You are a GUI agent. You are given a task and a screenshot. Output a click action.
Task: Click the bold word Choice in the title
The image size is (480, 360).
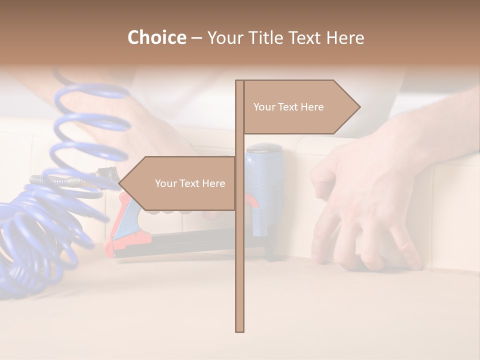(x=156, y=37)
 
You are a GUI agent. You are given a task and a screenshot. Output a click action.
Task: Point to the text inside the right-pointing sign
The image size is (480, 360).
(x=288, y=107)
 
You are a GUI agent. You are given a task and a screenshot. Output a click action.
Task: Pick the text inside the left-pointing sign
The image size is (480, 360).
(x=190, y=183)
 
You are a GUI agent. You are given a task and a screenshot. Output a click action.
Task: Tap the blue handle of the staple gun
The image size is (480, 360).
(x=263, y=185)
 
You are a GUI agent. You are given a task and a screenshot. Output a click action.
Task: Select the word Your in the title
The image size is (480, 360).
(x=222, y=37)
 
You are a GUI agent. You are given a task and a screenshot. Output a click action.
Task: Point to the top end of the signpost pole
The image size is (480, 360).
(x=240, y=82)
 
